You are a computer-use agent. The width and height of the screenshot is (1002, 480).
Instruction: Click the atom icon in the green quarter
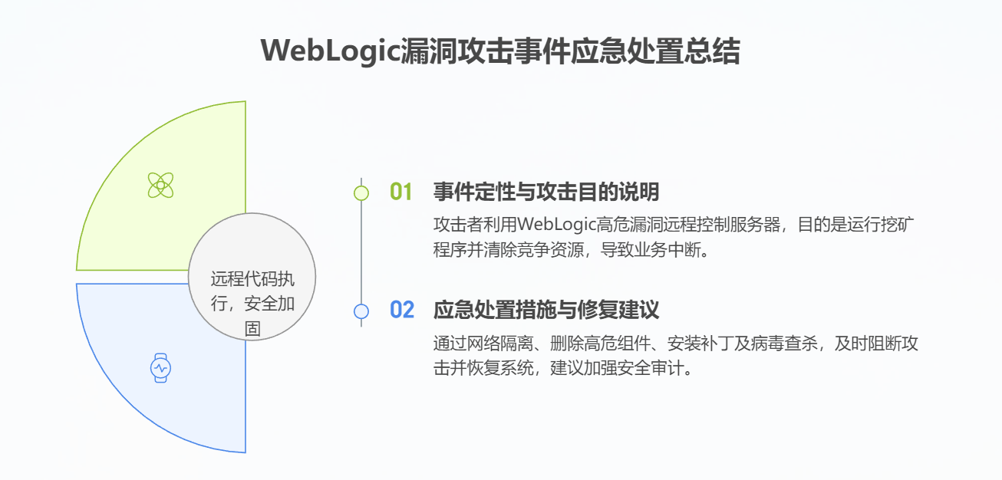click(160, 185)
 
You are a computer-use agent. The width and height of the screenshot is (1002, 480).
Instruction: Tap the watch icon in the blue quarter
click(160, 368)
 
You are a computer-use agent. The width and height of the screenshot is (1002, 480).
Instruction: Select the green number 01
click(402, 192)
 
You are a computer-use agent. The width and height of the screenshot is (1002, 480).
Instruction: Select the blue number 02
click(402, 311)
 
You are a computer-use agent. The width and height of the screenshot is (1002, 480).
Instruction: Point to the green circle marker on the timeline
click(361, 192)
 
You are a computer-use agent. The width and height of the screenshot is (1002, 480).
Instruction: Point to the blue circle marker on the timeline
click(361, 311)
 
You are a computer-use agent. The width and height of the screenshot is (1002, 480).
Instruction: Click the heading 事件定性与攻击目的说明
click(546, 192)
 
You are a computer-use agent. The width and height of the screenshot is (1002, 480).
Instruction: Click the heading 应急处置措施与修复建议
click(546, 311)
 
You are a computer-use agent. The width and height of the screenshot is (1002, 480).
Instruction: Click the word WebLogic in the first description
click(555, 225)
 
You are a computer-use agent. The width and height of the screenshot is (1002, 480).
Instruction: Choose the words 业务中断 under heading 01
click(671, 250)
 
